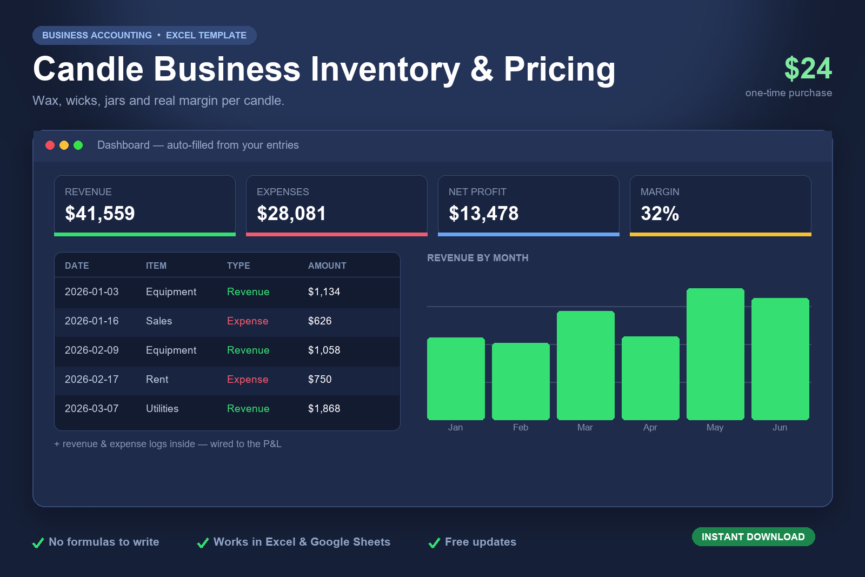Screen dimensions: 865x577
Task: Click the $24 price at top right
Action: (x=808, y=69)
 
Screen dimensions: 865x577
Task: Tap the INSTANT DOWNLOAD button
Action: (x=754, y=536)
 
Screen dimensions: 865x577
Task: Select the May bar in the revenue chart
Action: (x=715, y=354)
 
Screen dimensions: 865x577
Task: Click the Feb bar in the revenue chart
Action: (x=521, y=381)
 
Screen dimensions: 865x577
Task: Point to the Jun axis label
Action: (x=780, y=427)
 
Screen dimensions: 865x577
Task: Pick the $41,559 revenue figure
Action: (x=99, y=213)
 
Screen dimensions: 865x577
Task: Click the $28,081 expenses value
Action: (x=291, y=213)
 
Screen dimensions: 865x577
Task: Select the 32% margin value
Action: (x=660, y=213)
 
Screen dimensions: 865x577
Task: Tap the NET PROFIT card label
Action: (x=477, y=192)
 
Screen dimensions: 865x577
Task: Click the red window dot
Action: (x=50, y=145)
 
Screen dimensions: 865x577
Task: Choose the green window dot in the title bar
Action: (x=78, y=145)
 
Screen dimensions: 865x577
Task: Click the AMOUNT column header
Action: (x=327, y=266)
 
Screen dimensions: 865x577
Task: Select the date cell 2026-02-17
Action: (x=91, y=379)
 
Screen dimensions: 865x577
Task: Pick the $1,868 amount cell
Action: (x=324, y=409)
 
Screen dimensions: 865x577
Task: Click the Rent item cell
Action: (x=157, y=379)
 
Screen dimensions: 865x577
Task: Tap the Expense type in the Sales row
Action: (x=248, y=321)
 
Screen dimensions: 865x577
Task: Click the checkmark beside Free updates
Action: (x=435, y=542)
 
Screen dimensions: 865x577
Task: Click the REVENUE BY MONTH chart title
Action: (x=478, y=258)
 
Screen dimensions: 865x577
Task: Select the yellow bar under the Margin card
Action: (x=720, y=235)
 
